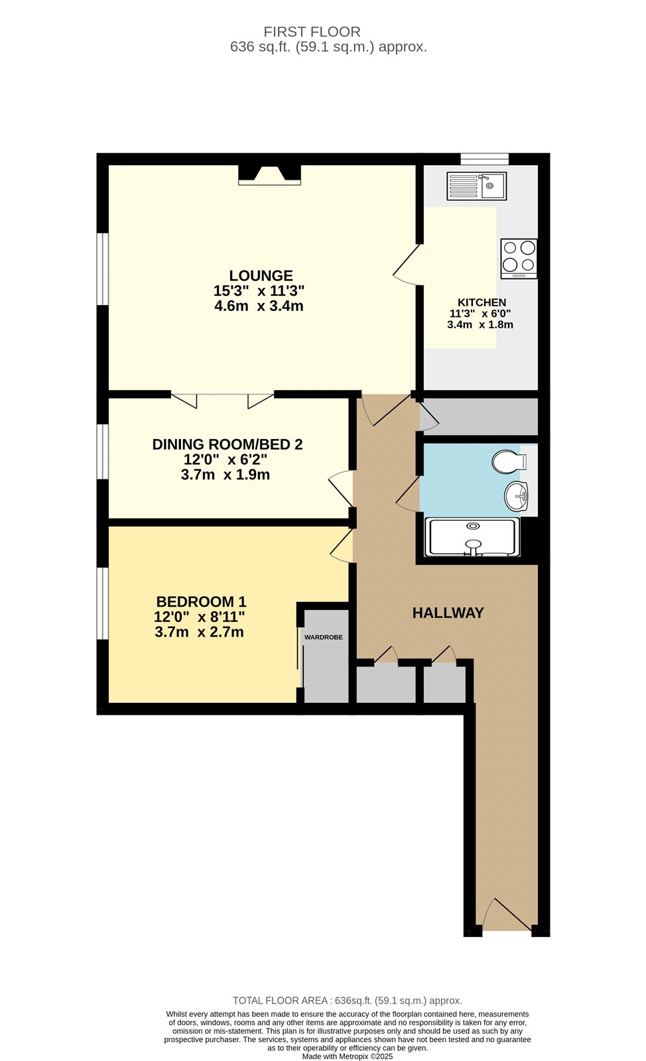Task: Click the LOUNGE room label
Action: point(261,276)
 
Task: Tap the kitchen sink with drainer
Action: point(476,186)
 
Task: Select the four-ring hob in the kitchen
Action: point(519,259)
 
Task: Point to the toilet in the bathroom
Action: point(509,462)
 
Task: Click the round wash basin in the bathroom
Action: point(516,497)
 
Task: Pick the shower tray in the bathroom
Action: point(473,536)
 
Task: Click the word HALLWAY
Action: point(448,613)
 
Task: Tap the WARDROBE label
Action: point(324,637)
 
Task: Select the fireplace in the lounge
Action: point(269,174)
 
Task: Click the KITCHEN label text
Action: point(482,302)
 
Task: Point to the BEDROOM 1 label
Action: point(201,601)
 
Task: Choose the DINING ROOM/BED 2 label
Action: point(227,444)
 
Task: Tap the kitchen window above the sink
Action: point(485,158)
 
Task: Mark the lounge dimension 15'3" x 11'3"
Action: point(259,290)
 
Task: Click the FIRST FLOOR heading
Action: point(312,32)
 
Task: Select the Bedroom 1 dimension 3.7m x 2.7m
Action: point(199,632)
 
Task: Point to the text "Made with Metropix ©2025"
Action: point(347,1056)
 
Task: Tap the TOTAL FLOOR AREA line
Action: point(347,1001)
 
